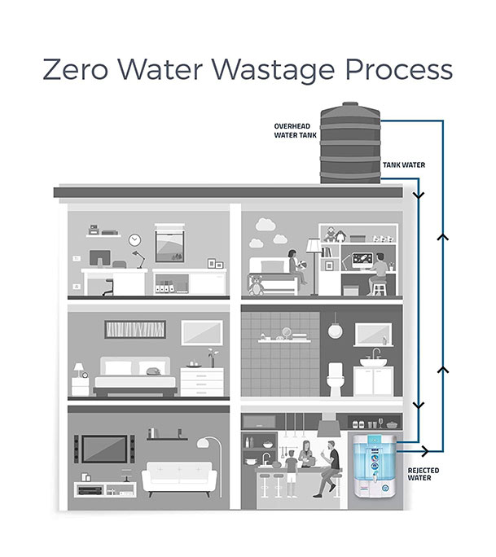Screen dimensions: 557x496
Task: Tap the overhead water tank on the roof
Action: [x=350, y=145]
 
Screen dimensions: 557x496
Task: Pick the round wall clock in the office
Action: [x=135, y=241]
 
